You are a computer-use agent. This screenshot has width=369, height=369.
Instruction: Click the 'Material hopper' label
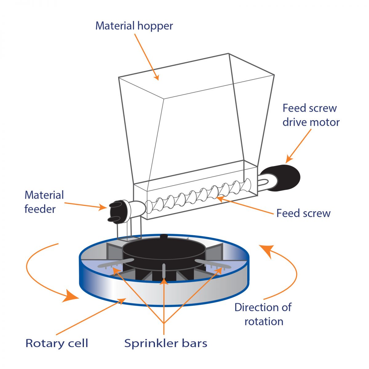tap(134, 26)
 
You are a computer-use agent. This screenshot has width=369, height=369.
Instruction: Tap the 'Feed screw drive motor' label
tap(311, 115)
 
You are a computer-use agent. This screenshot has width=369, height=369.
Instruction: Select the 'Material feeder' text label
tap(44, 202)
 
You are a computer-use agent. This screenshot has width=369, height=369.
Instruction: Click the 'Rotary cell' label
tap(57, 343)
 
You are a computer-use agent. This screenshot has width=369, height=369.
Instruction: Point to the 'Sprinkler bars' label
tap(165, 343)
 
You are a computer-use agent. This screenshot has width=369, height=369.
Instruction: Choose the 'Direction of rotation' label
tap(263, 314)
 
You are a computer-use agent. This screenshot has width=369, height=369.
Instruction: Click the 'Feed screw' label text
tap(303, 213)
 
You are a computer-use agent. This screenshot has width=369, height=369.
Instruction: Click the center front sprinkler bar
tap(164, 270)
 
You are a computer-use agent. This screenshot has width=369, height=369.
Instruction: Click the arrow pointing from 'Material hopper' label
tap(147, 57)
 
